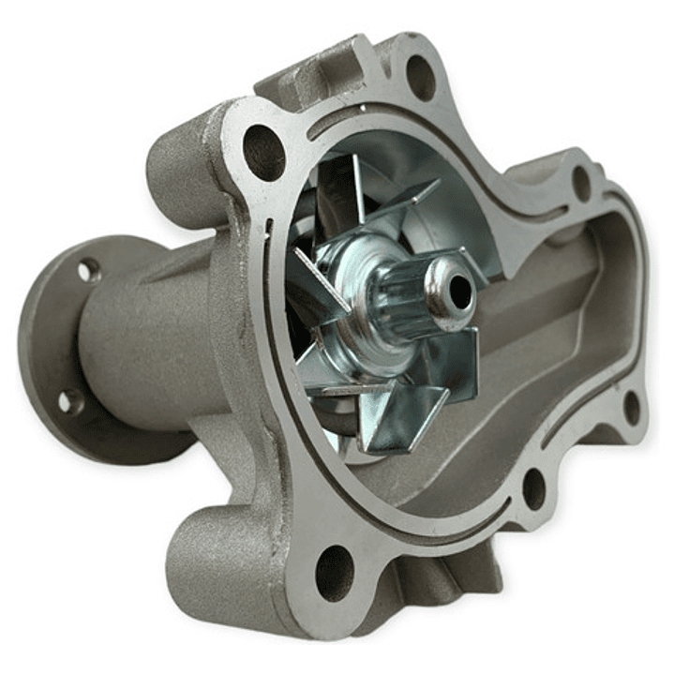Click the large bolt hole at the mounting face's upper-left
coord(263,153)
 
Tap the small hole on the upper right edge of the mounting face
coord(582,183)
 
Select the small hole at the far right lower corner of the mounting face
coord(632,408)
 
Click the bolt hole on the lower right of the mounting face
coord(534,488)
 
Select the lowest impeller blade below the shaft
coord(394,422)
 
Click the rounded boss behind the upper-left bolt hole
coord(178,169)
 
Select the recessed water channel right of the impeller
coord(553,319)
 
